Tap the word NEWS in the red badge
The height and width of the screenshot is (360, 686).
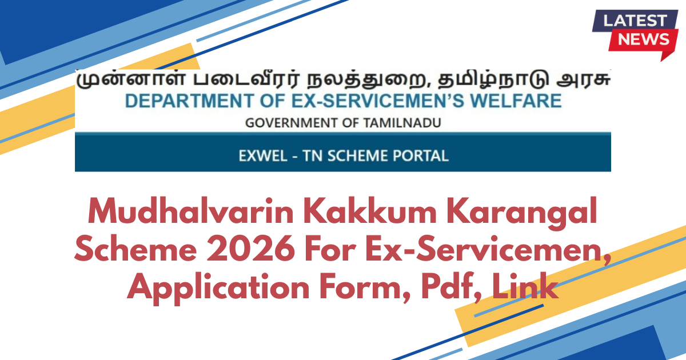[x=644, y=39]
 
